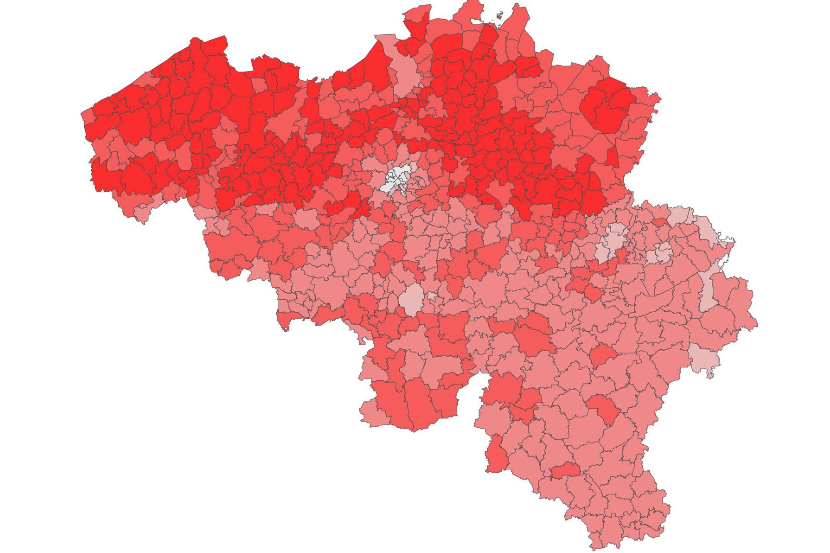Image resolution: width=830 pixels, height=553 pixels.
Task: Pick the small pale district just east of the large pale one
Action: point(432,296)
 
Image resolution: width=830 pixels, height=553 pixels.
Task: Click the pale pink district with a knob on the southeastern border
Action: point(704,360)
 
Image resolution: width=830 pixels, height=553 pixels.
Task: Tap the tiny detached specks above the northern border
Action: point(500,15)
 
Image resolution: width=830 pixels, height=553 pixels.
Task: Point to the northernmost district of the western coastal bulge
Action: point(210,46)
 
